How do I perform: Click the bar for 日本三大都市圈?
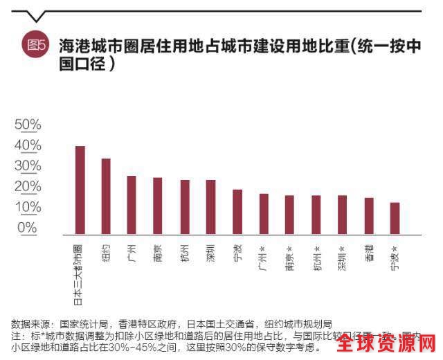point(80,190)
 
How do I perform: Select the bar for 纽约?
point(106,197)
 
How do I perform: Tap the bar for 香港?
point(369,217)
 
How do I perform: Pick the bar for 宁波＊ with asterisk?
point(395,219)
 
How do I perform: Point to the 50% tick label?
point(28,125)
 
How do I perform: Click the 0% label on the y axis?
point(28,228)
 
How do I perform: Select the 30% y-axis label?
point(28,166)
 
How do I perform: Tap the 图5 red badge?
point(36,46)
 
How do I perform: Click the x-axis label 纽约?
point(106,252)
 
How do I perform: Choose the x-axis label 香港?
point(369,253)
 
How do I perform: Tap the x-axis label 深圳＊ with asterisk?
point(342,257)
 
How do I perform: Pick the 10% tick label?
point(28,207)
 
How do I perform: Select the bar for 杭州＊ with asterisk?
point(316,215)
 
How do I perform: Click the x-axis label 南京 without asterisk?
point(158,253)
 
